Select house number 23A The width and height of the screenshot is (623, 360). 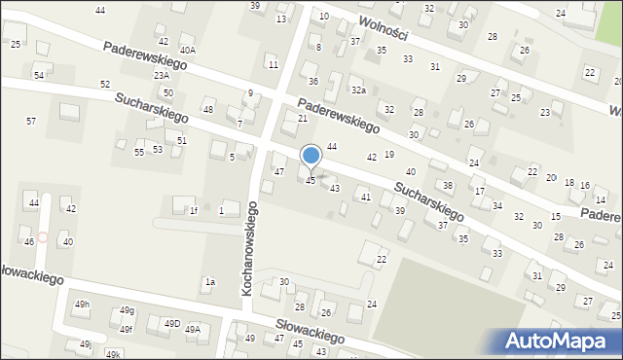click(x=161, y=75)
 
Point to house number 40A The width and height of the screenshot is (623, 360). click(x=187, y=50)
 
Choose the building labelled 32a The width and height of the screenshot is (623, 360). click(x=358, y=90)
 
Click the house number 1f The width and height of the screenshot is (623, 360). click(x=193, y=210)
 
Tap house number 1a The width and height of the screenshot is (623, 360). click(x=208, y=282)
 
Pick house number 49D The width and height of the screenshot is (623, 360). click(x=171, y=324)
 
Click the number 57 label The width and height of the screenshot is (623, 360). click(x=31, y=121)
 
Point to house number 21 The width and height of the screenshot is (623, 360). click(x=303, y=119)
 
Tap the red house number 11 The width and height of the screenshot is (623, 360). click(x=273, y=64)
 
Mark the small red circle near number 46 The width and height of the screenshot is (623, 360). click(x=42, y=237)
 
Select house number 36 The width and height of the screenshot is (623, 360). click(x=313, y=81)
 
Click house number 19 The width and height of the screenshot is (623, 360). click(x=389, y=154)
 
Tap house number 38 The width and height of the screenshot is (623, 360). click(x=448, y=185)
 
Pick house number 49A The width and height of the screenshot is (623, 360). click(x=193, y=329)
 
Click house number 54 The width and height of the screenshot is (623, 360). click(x=39, y=75)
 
